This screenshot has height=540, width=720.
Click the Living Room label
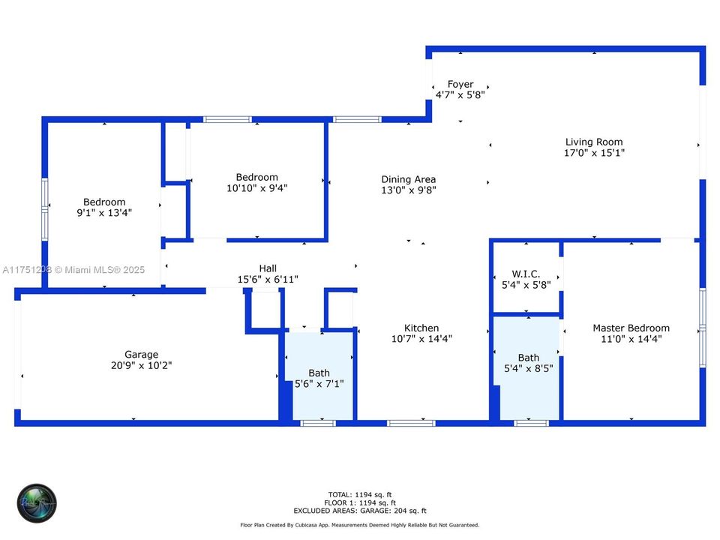click(x=594, y=142)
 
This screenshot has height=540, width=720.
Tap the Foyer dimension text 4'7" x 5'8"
click(x=460, y=95)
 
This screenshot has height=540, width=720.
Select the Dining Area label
click(x=408, y=179)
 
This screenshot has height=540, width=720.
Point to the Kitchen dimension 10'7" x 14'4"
click(x=421, y=339)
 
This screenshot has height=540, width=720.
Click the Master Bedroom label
click(x=631, y=328)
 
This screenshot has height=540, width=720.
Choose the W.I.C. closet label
click(x=526, y=274)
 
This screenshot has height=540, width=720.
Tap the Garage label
click(x=141, y=355)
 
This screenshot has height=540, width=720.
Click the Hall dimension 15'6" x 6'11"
click(x=268, y=280)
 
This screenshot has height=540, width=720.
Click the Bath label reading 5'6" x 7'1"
click(x=319, y=373)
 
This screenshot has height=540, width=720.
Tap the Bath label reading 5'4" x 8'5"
click(x=528, y=358)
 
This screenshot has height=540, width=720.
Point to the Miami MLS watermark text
click(x=73, y=269)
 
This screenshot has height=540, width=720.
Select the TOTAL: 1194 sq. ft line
click(x=361, y=495)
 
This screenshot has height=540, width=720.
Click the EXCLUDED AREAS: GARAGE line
click(x=361, y=511)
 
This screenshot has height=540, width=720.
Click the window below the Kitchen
click(x=410, y=424)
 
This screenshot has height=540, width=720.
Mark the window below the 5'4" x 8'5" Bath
click(x=531, y=424)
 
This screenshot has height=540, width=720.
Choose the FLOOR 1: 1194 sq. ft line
click(x=361, y=502)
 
